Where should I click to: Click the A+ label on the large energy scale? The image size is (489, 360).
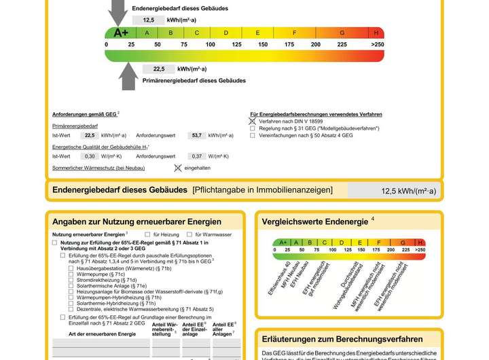[121, 33]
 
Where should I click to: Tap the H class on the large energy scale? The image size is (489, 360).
[376, 33]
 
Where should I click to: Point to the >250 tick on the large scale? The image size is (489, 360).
[377, 44]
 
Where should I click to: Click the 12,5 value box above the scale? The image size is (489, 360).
[149, 20]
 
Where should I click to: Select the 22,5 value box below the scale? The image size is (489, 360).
[158, 69]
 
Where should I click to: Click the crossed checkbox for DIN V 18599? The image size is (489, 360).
[253, 121]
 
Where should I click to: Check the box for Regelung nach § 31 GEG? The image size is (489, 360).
[253, 128]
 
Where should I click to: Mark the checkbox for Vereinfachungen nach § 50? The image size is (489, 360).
[253, 135]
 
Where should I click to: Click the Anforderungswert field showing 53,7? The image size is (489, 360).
[197, 135]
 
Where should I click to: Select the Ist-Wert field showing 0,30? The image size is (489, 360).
[89, 156]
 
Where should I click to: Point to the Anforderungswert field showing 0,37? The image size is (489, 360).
[197, 156]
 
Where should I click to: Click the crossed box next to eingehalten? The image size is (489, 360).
[178, 167]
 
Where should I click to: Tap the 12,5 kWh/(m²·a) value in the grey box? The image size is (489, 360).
[407, 191]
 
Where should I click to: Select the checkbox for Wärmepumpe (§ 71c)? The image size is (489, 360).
[71, 274]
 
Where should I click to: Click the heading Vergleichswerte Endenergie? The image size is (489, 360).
[314, 221]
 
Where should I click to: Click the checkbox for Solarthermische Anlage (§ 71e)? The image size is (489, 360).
[71, 286]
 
